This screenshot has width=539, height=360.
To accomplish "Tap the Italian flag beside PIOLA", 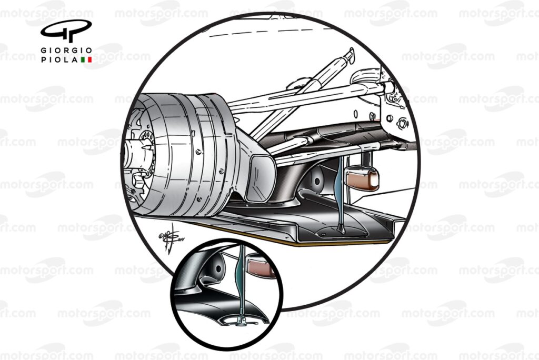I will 86,60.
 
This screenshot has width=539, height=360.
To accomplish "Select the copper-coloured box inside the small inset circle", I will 262,266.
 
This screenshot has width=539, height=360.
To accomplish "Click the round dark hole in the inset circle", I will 215,268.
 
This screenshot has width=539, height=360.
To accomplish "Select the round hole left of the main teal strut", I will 317,181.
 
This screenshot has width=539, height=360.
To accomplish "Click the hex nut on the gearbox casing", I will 403,124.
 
